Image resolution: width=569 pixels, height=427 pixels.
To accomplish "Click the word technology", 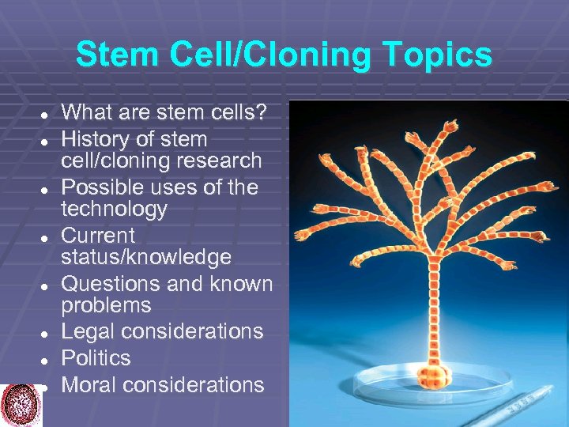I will click(115, 210).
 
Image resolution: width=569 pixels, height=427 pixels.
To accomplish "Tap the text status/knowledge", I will click(146, 258).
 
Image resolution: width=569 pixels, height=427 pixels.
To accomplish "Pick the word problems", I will click(106, 305).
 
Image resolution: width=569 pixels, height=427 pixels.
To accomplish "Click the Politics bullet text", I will click(96, 358).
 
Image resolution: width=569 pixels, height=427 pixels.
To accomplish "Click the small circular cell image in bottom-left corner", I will click(21, 404).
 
